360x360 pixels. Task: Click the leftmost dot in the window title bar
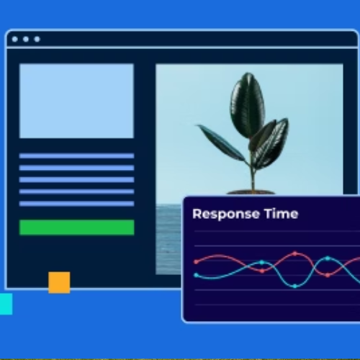(14, 39)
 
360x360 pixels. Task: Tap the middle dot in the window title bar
(26, 39)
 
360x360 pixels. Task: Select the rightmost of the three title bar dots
(37, 39)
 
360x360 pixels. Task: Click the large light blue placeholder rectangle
(76, 101)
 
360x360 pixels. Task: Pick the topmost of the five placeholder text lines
(76, 156)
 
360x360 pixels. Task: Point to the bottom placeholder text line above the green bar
(76, 204)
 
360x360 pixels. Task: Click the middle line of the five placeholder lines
(76, 180)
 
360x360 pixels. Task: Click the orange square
(59, 282)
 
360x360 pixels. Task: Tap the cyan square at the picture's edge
(6, 304)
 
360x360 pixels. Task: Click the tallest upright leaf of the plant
(247, 106)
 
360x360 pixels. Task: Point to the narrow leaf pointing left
(222, 143)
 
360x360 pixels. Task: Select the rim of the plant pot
(251, 192)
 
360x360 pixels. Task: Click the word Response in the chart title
(226, 214)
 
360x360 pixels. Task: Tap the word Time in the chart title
(282, 213)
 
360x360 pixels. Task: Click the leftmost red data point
(197, 261)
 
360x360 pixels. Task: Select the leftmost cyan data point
(197, 275)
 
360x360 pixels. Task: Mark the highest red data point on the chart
(295, 253)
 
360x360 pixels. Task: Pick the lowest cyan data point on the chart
(295, 286)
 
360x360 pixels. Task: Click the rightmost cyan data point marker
(328, 258)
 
